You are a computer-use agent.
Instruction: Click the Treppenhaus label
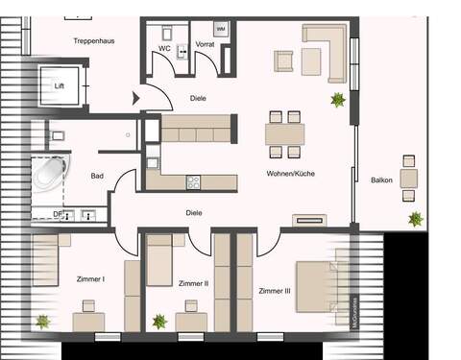pos(94,41)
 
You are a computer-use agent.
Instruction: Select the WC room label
pos(164,47)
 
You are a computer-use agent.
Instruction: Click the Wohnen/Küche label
pos(291,173)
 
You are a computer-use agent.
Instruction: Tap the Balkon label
pos(382,179)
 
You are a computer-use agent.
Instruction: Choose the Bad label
pos(97,176)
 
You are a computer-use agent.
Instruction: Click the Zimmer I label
pos(89,279)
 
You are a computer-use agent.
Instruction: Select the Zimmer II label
pos(193,283)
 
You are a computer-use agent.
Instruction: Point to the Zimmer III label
pos(275,289)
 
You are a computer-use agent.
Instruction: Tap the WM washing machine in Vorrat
pos(221,30)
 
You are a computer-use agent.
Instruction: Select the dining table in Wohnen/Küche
pos(284,133)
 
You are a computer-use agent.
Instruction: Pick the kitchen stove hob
pos(192,180)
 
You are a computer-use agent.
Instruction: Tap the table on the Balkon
pos(409,178)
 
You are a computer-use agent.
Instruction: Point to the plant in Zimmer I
pos(42,322)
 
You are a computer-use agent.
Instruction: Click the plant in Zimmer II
pos(158,321)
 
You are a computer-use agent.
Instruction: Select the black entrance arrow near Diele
pos(136,95)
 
